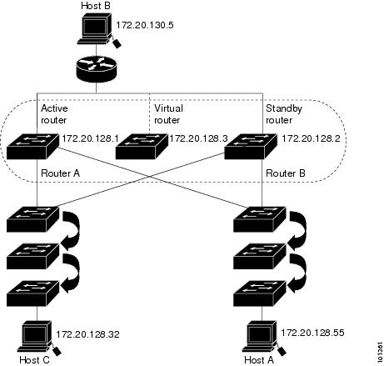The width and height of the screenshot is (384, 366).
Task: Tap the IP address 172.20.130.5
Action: (145, 25)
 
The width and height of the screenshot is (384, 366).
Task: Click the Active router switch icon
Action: (32, 147)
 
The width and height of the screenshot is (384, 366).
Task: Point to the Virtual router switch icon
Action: (142, 147)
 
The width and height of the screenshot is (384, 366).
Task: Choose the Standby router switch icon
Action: (251, 147)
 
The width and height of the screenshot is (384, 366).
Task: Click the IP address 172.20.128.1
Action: (90, 138)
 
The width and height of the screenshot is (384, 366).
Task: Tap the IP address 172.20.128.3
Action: (198, 138)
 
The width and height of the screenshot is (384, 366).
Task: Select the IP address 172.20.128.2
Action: (311, 138)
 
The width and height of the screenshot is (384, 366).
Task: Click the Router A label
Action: (60, 173)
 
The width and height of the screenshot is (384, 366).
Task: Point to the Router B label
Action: (286, 173)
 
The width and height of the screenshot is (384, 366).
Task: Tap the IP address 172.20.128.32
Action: (87, 334)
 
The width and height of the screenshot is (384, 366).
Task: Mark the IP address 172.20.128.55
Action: (312, 333)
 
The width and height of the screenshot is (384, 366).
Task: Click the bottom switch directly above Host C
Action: (32, 293)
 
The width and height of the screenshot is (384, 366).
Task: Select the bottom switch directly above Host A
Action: (260, 293)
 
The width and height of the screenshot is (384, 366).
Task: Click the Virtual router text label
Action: (168, 114)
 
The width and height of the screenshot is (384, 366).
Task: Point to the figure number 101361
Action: (380, 352)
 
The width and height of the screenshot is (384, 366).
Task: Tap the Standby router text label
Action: (284, 114)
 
